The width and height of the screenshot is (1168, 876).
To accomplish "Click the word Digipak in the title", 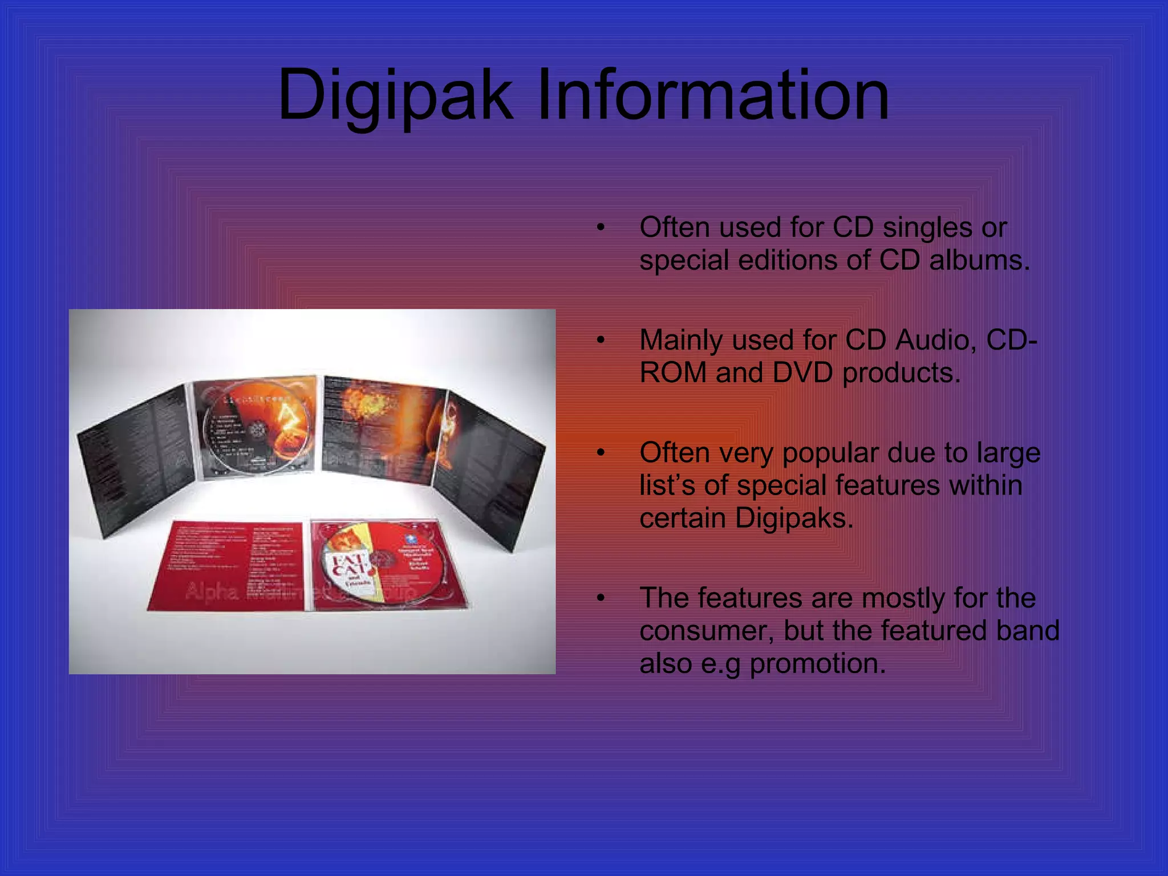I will pos(395,96).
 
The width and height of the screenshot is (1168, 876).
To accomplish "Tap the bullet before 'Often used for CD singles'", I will pos(600,228).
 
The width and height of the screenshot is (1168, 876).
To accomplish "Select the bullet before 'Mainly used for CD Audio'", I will pos(600,341).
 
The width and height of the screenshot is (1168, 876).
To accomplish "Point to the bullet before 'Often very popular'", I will pos(600,453).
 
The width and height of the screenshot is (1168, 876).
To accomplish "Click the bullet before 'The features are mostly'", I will pos(600,599).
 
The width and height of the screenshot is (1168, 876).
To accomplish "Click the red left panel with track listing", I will pos(228,565).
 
